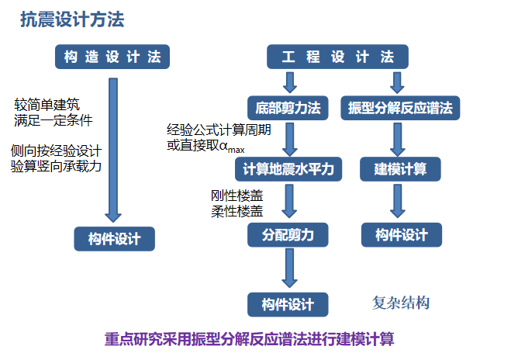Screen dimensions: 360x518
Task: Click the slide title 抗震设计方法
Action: tap(71, 20)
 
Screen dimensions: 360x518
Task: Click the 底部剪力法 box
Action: tap(288, 108)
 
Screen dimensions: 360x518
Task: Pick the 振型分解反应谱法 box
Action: tap(400, 108)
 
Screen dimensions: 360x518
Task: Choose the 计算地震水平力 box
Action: tap(288, 168)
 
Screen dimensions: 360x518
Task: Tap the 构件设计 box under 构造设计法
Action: tap(114, 239)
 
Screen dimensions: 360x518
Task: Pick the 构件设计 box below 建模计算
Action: tap(402, 234)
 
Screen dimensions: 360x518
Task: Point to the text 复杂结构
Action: tap(401, 303)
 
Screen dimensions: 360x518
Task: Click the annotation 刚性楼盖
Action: tap(236, 195)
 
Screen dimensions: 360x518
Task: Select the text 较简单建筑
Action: tap(47, 104)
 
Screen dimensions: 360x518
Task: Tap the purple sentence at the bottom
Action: tap(250, 339)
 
